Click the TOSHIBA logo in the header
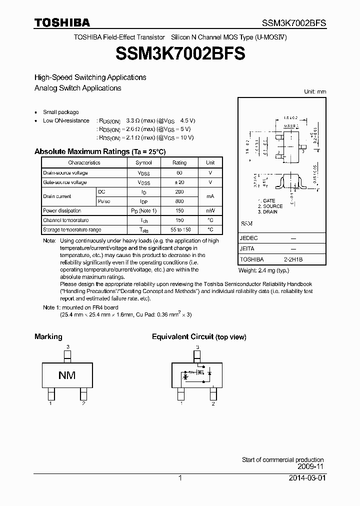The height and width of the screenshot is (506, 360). point(62,22)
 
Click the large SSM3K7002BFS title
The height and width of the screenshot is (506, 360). point(180,54)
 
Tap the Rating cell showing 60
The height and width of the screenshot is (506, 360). point(179,172)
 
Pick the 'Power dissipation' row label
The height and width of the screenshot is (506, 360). point(62,211)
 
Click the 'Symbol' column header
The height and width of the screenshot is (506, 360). point(143,162)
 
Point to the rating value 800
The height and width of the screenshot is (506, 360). point(179,201)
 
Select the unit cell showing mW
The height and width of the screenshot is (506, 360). point(210,211)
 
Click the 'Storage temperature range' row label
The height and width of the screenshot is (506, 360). point(72,230)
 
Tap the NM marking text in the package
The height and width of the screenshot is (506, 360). point(67,375)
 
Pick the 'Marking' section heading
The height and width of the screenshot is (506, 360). point(48,337)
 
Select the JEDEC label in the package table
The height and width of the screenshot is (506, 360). point(249,238)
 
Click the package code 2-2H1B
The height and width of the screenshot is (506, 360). point(293,260)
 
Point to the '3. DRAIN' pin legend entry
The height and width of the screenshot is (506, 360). point(267,212)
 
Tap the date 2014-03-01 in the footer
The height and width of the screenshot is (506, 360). point(306,478)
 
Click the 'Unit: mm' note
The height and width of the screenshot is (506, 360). point(315,92)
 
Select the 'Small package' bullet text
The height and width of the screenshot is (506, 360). point(61,112)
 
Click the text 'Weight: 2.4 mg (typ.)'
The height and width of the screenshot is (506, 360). point(264,270)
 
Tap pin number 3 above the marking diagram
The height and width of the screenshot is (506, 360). point(67,346)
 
